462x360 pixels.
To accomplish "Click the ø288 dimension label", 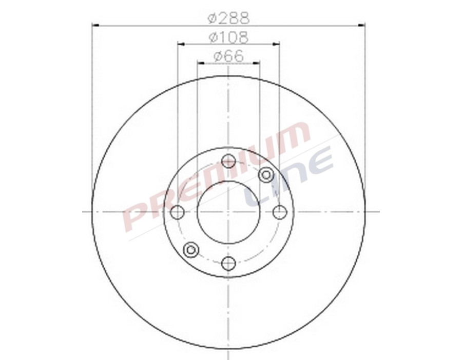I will pyautogui.click(x=228, y=18).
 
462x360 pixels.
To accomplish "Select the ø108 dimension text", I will pyautogui.click(x=228, y=37).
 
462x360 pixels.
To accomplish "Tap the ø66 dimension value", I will pyautogui.click(x=228, y=56).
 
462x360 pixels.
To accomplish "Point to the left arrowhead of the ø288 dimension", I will pyautogui.click(x=95, y=24).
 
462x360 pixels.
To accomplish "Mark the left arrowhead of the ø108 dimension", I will pyautogui.click(x=180, y=44).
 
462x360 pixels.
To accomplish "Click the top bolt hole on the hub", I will pyautogui.click(x=228, y=162).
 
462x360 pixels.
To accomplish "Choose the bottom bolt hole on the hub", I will pyautogui.click(x=228, y=264).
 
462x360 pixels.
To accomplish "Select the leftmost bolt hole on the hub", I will pyautogui.click(x=177, y=212).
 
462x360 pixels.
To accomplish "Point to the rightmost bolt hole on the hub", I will pyautogui.click(x=279, y=212).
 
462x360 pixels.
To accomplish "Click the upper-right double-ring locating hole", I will pyautogui.click(x=266, y=175).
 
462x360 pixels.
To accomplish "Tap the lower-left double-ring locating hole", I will pyautogui.click(x=191, y=250).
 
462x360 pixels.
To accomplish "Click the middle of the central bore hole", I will pyautogui.click(x=228, y=212).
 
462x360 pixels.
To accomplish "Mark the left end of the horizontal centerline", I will pyautogui.click(x=84, y=211).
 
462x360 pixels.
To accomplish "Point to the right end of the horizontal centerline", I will pyautogui.click(x=378, y=211).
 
